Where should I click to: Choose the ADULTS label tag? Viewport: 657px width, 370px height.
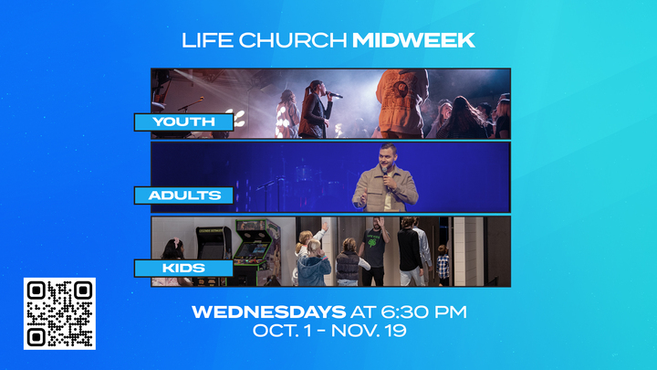pyautogui.click(x=179, y=195)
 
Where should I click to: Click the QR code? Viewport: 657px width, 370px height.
pyautogui.click(x=59, y=313)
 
